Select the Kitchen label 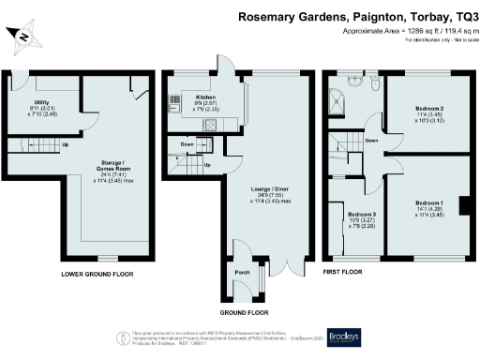[206, 96]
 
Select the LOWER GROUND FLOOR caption [97, 275]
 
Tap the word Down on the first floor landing [372, 141]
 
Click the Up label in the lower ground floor [65, 146]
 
